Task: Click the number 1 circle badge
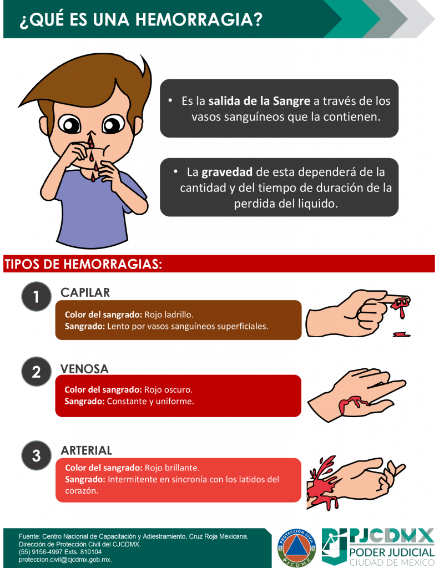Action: pos(36,296)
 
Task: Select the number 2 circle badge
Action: pos(36,372)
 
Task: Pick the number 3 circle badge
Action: pos(36,455)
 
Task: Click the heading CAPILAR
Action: pos(85,293)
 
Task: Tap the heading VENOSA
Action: pos(84,369)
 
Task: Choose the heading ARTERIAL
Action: pos(86,450)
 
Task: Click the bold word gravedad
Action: pos(227,172)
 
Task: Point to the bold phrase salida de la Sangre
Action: pos(259,101)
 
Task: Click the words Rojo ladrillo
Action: pos(169,315)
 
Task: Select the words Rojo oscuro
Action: pos(169,390)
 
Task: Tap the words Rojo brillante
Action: pos(172,468)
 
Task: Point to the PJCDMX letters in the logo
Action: pos(391,536)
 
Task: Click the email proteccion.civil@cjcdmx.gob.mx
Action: pos(65,560)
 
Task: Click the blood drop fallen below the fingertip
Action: pos(401,334)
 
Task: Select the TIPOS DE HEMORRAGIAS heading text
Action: pos(83,264)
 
